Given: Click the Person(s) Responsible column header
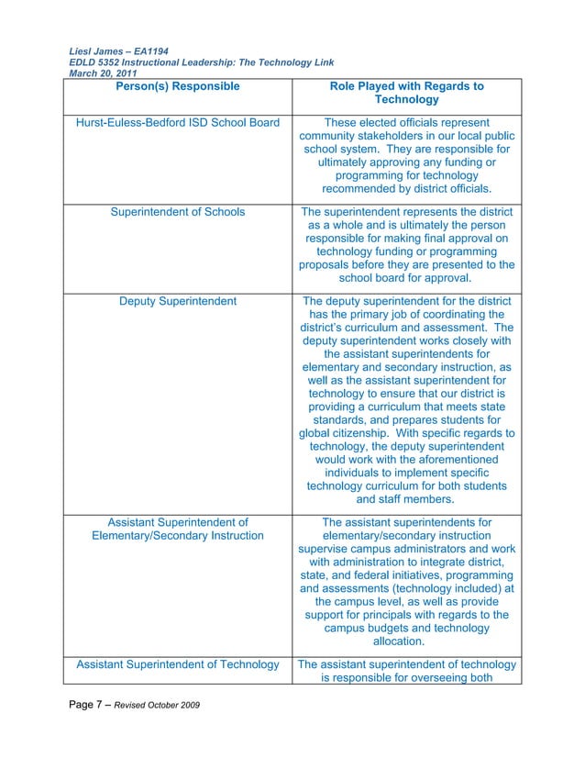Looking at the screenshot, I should click(x=178, y=87).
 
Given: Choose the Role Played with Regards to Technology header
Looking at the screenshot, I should click(x=406, y=93).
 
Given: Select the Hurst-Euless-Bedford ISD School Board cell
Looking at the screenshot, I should click(x=177, y=123).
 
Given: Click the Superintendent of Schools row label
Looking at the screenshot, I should click(x=177, y=212).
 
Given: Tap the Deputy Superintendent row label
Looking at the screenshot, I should click(x=178, y=301).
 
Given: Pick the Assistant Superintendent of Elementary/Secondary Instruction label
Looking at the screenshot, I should click(x=178, y=529).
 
